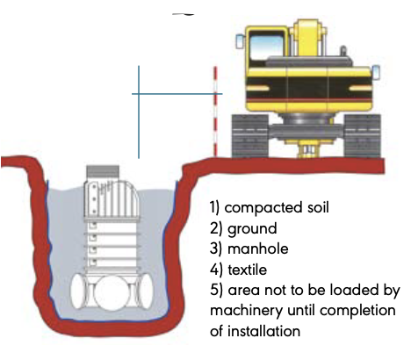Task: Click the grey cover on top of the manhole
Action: click(x=103, y=176)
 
